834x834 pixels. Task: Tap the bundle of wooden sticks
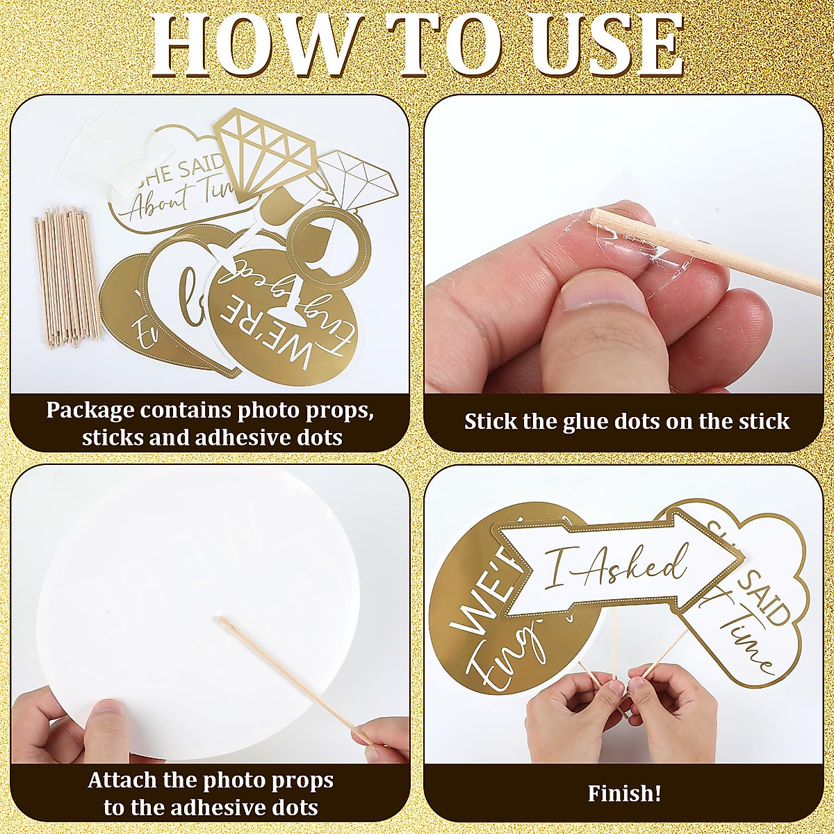tap(66, 278)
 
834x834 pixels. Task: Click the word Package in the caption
tap(90, 410)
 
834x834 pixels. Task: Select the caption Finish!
tap(624, 793)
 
